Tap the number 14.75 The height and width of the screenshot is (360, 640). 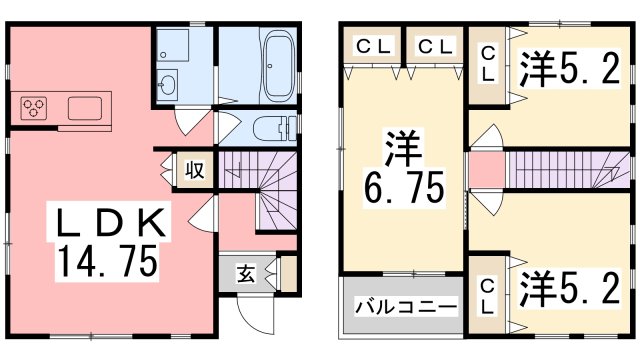tap(107, 262)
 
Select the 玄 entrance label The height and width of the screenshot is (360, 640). tap(245, 271)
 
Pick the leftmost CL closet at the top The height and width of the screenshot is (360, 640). tap(372, 45)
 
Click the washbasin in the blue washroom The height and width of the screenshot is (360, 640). tap(169, 83)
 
